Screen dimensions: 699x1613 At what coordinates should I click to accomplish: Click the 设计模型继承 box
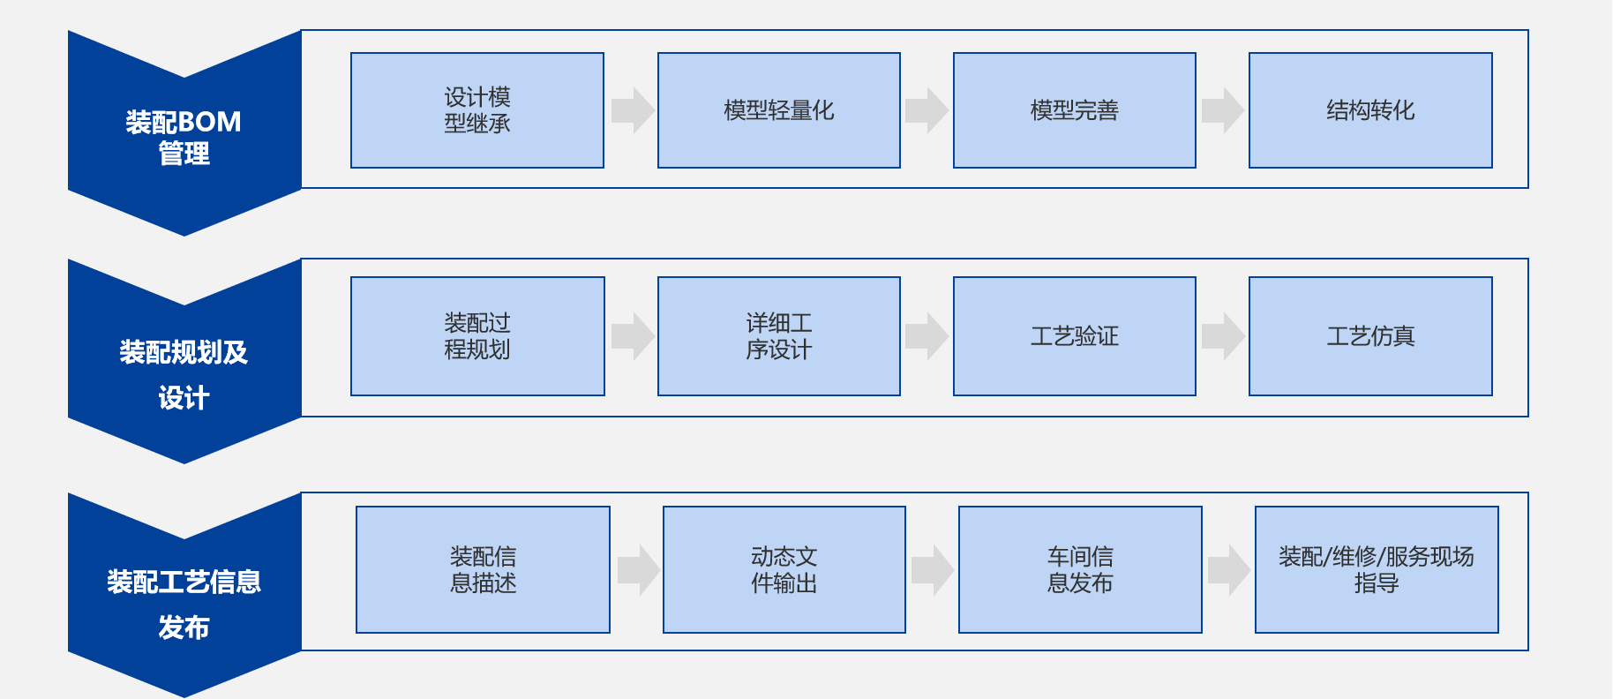(477, 110)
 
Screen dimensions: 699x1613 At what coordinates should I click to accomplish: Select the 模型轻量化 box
(779, 110)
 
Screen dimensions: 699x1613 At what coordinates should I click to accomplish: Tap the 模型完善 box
(1075, 110)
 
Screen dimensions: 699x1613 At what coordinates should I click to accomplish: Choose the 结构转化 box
(1370, 110)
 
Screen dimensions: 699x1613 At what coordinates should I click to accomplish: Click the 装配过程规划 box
(477, 336)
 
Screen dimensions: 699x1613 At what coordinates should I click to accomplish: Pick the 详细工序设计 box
(779, 336)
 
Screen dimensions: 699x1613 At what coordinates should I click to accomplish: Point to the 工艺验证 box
(1075, 336)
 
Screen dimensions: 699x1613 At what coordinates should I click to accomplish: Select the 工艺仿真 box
(1370, 336)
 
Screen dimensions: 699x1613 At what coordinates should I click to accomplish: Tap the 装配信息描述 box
(483, 569)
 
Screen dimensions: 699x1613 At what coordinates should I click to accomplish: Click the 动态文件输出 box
(784, 569)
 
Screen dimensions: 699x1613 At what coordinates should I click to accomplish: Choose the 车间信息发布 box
(1080, 569)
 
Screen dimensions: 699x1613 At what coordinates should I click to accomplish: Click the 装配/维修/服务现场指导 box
(1377, 569)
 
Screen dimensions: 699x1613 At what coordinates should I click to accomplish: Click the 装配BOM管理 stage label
(184, 137)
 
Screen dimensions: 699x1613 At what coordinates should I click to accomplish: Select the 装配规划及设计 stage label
(184, 374)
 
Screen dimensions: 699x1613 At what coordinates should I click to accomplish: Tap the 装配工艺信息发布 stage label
(184, 604)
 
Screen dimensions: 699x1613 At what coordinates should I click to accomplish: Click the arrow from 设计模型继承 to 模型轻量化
(632, 110)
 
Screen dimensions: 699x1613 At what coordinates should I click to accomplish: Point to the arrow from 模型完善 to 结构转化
(1222, 110)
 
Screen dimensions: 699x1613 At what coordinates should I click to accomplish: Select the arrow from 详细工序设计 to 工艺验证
(927, 336)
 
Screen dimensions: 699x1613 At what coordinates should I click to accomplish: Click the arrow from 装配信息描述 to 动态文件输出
(638, 569)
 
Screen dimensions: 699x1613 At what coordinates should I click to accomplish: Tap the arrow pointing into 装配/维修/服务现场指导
(1228, 569)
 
